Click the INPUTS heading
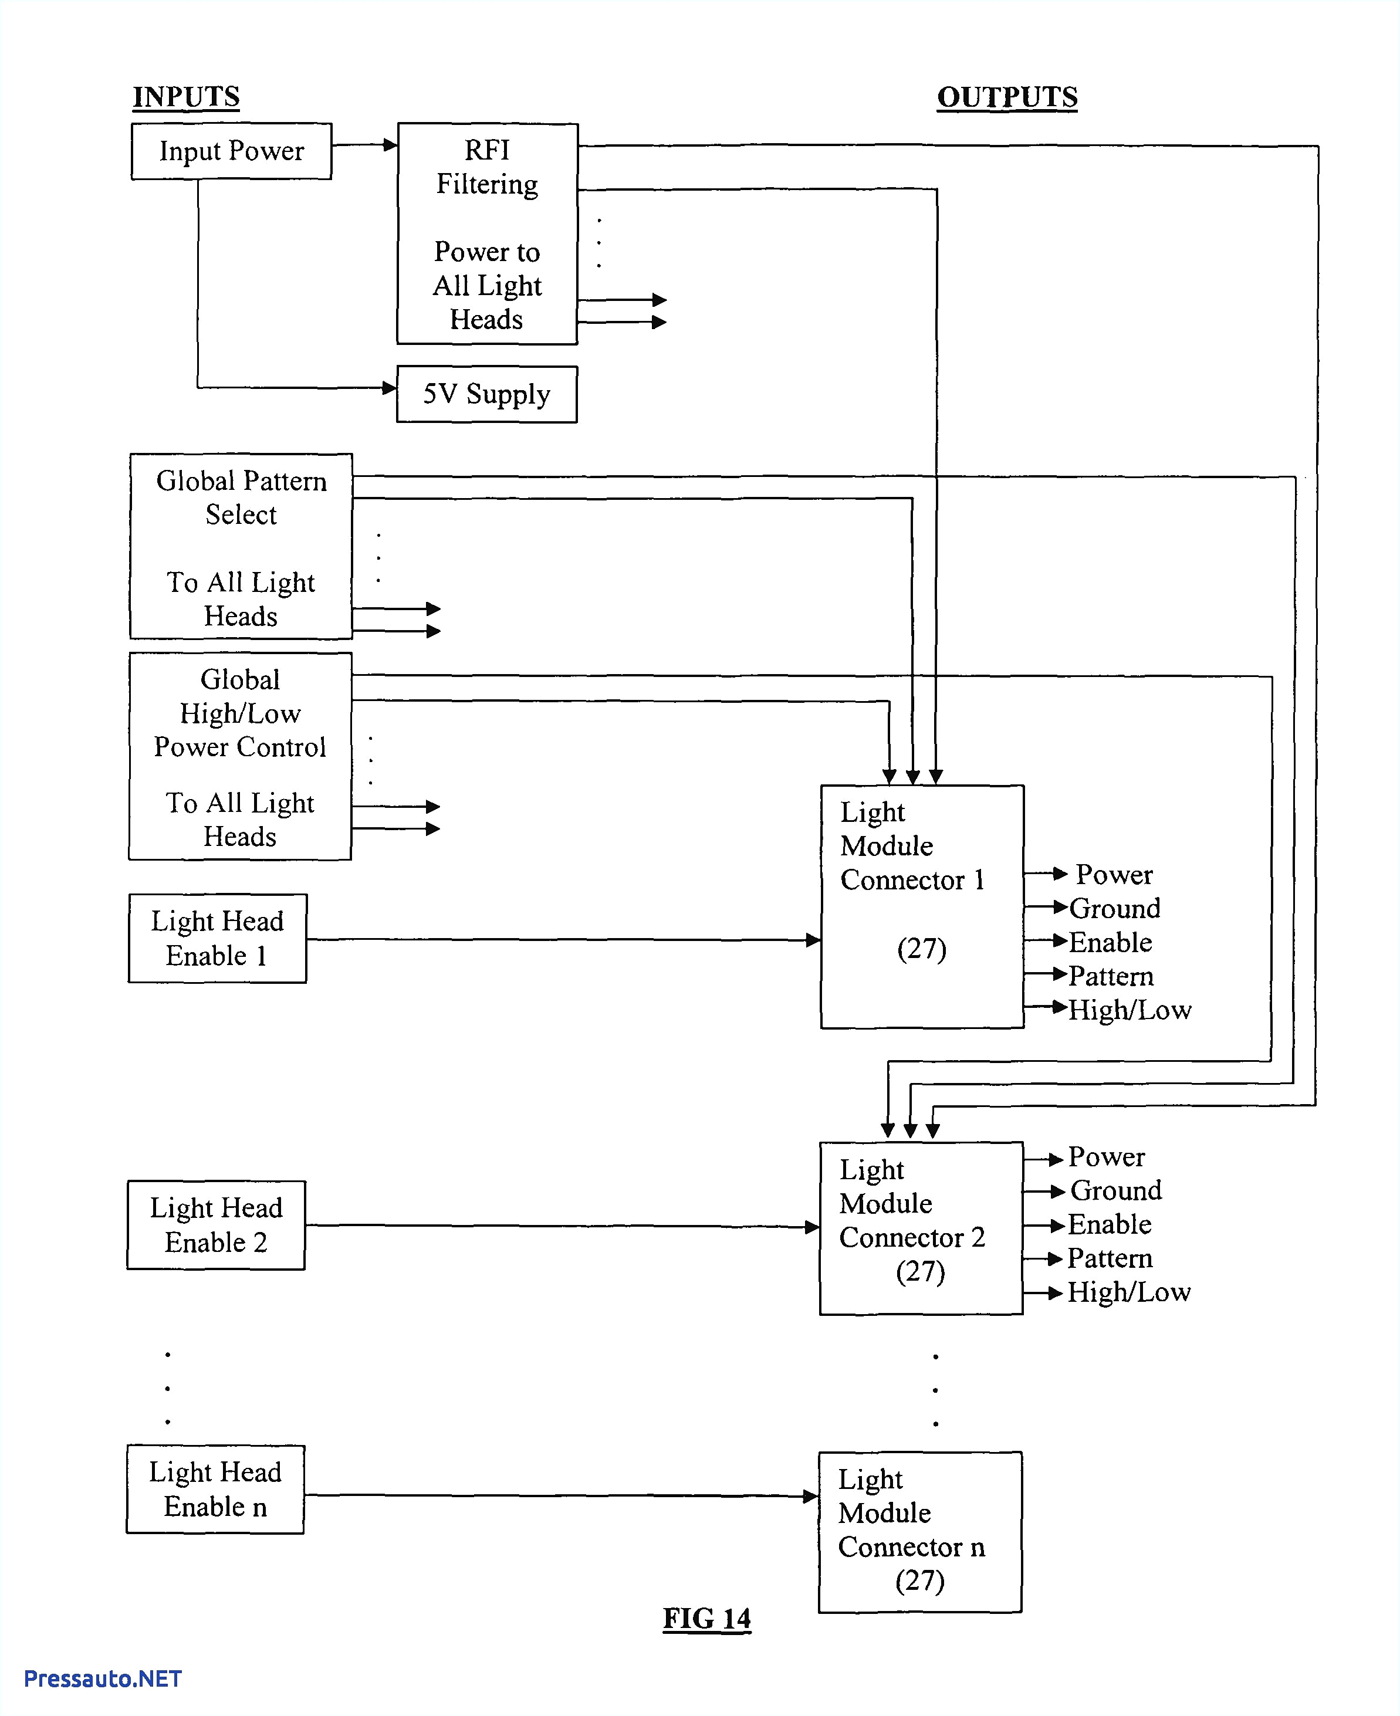pyautogui.click(x=186, y=97)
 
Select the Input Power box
pyautogui.click(x=231, y=151)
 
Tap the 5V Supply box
pyautogui.click(x=486, y=394)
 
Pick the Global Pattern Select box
pyautogui.click(x=241, y=547)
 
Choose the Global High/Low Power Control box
pyautogui.click(x=241, y=756)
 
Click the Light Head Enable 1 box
pyautogui.click(x=217, y=938)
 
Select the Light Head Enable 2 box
pyautogui.click(x=216, y=1225)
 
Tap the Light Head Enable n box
pyautogui.click(x=215, y=1488)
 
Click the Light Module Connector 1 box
pyautogui.click(x=922, y=906)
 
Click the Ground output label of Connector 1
pyautogui.click(x=1114, y=909)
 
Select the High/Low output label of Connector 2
pyautogui.click(x=1128, y=1292)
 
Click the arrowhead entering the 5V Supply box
pyautogui.click(x=390, y=388)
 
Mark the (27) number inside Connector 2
pyautogui.click(x=920, y=1272)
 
